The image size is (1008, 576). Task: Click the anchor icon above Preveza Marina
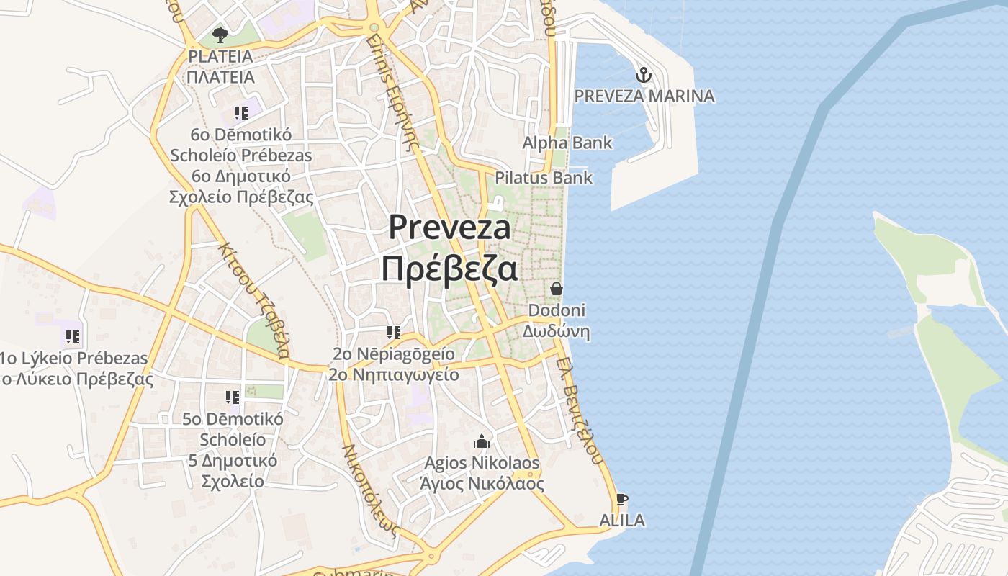(643, 74)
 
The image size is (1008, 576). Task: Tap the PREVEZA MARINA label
(644, 96)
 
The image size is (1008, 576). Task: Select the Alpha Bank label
(567, 143)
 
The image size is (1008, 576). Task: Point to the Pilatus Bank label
(544, 177)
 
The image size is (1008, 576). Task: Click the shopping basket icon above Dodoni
(556, 289)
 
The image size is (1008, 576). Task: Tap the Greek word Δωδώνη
(556, 331)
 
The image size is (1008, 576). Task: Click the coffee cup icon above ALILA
(622, 499)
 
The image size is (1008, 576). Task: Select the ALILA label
(622, 520)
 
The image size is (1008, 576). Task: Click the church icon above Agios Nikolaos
(482, 441)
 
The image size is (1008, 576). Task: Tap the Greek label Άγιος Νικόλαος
(482, 483)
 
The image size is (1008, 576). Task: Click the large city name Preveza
(450, 227)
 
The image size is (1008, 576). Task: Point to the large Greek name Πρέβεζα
(450, 269)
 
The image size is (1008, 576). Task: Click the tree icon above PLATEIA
(220, 34)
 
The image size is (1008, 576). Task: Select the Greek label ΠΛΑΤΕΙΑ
(220, 76)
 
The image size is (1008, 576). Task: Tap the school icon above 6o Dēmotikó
(240, 112)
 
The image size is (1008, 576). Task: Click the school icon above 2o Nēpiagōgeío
(393, 332)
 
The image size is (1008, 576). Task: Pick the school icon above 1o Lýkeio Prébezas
(72, 336)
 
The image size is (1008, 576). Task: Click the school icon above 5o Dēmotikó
(232, 397)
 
